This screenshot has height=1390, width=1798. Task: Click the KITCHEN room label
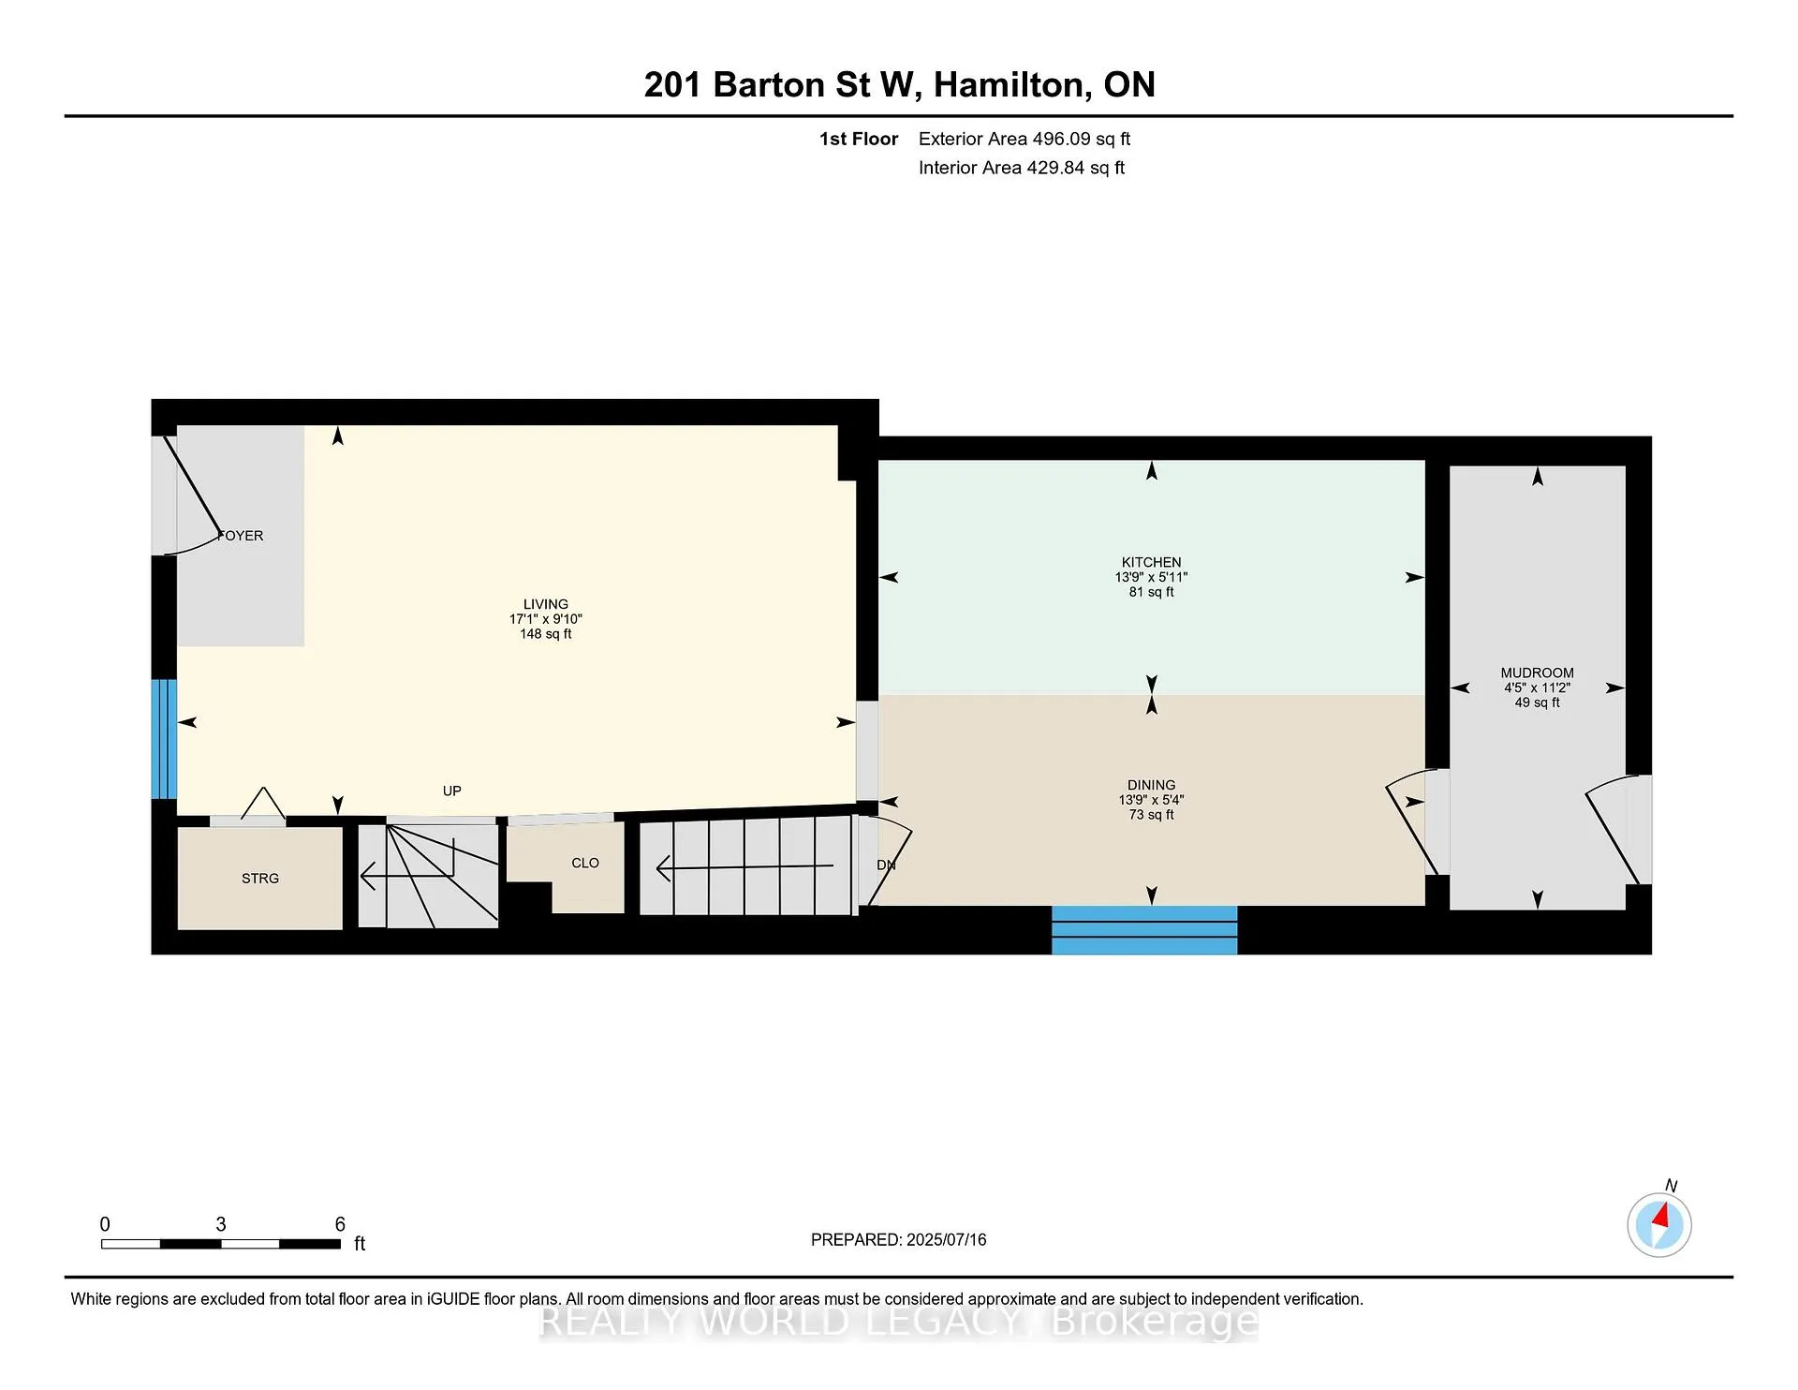click(x=1151, y=562)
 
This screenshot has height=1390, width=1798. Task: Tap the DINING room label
click(x=1151, y=785)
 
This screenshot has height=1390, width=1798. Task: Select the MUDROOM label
click(x=1537, y=673)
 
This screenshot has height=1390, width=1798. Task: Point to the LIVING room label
click(x=545, y=604)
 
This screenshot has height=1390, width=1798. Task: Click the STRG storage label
click(x=260, y=879)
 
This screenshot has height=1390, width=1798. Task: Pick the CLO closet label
click(x=585, y=863)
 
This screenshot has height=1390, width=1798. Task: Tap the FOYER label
click(x=241, y=536)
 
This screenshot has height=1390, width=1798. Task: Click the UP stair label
click(x=451, y=791)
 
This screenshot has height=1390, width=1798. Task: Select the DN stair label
click(x=886, y=865)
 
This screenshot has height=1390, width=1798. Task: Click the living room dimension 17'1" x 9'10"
click(x=545, y=619)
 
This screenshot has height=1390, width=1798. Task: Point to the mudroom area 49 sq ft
click(x=1537, y=702)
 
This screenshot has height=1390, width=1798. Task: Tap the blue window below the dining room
click(x=1144, y=930)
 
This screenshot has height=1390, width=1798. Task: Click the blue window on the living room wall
click(x=164, y=739)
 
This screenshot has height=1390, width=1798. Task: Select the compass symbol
click(x=1659, y=1224)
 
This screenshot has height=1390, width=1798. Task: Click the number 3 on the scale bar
click(x=221, y=1224)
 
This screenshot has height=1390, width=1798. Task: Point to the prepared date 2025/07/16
click(x=946, y=1239)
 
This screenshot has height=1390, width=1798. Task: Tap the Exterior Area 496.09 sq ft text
click(x=1024, y=139)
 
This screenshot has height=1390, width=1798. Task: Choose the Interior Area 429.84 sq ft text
click(x=1022, y=168)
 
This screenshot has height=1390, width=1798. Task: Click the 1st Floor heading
click(x=859, y=139)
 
